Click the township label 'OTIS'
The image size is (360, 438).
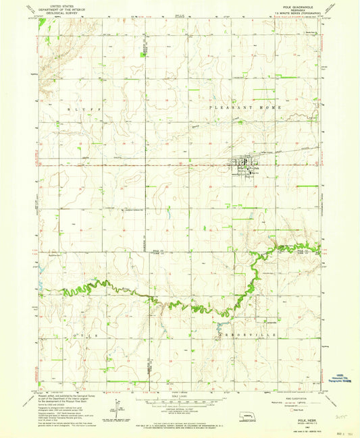(x=77, y=335)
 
